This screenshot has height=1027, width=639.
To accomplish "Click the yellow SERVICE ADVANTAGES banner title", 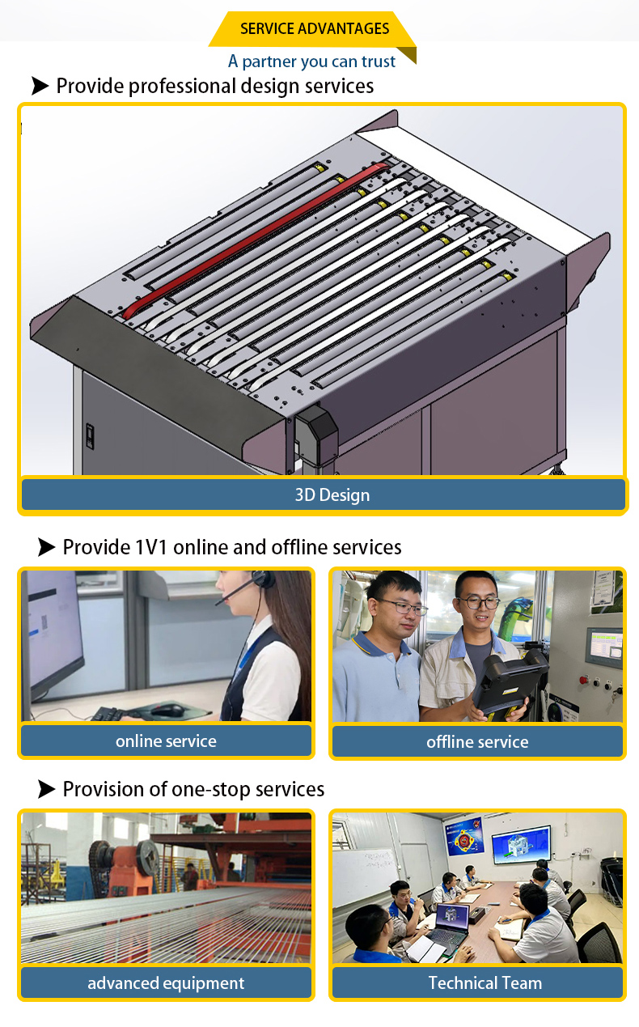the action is [x=315, y=28].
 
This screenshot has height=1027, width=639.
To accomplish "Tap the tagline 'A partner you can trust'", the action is [x=311, y=62].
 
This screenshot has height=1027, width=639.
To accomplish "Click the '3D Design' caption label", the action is [x=332, y=495].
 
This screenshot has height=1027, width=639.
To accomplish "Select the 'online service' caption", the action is [x=166, y=741].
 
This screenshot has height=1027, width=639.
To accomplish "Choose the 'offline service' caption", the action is [x=477, y=742].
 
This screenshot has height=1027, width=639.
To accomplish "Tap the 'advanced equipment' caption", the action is [x=166, y=983].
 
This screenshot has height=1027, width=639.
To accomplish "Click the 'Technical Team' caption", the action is [x=485, y=983].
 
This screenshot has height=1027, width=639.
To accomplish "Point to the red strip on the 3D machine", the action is [x=256, y=240].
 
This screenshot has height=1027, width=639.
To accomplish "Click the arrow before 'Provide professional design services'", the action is [x=40, y=86].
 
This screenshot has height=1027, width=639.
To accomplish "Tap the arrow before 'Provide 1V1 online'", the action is [x=46, y=547].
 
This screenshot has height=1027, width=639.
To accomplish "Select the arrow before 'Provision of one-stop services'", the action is [x=46, y=789].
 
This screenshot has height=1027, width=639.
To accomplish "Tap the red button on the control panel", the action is [x=584, y=679].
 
